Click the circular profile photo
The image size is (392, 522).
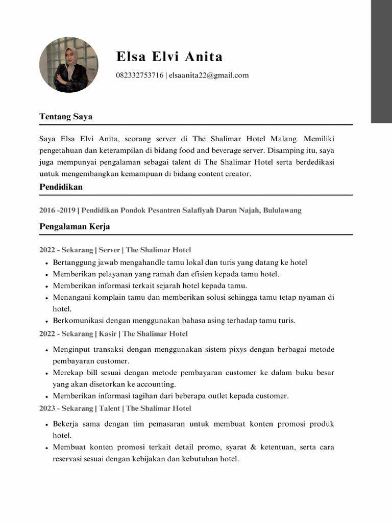pyautogui.click(x=69, y=65)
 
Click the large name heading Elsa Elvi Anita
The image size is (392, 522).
pyautogui.click(x=169, y=56)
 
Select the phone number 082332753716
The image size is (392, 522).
pyautogui.click(x=139, y=75)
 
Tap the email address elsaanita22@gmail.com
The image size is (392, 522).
pyautogui.click(x=209, y=75)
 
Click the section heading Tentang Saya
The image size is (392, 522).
pyautogui.click(x=66, y=117)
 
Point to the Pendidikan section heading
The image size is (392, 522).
pyautogui.click(x=61, y=187)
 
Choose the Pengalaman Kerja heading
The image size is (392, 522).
pyautogui.click(x=75, y=226)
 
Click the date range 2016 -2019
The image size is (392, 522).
pyautogui.click(x=57, y=210)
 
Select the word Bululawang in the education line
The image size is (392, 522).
pyautogui.click(x=282, y=210)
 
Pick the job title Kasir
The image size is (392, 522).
pyautogui.click(x=107, y=334)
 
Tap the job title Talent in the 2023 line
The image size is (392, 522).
pyautogui.click(x=109, y=408)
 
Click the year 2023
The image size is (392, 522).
pyautogui.click(x=48, y=408)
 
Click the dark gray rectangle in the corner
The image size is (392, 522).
pyautogui.click(x=381, y=61)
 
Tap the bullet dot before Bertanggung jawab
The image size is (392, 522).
pyautogui.click(x=46, y=263)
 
